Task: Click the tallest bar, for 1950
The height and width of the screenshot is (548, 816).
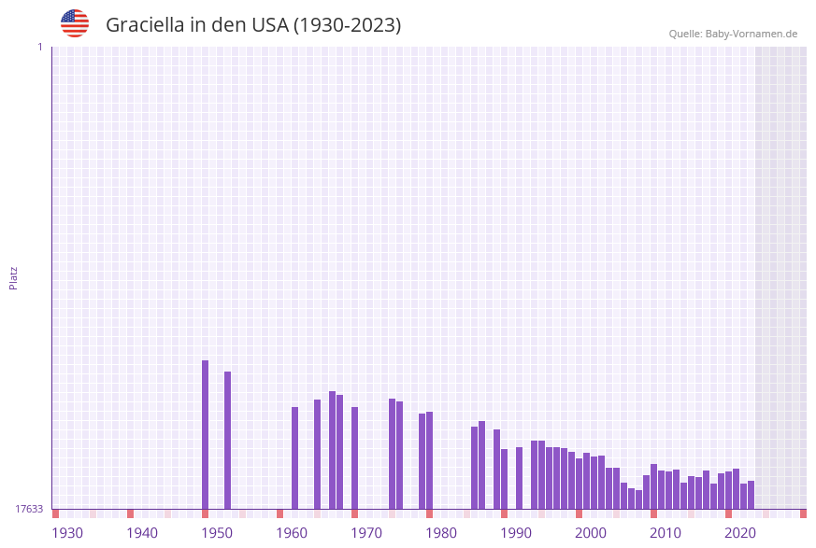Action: coord(205,434)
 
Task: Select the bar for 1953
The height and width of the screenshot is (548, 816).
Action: coord(227,440)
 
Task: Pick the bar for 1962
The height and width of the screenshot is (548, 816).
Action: coord(294,457)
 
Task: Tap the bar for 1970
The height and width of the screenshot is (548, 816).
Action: coord(354,457)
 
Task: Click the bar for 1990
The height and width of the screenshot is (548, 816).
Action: coord(504,479)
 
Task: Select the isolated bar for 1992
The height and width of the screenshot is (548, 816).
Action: coord(519,478)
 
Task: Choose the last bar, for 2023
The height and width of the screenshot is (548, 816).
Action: coord(751,495)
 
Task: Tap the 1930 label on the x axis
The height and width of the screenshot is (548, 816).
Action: coord(67,533)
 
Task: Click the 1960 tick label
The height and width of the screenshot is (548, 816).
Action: coord(292,533)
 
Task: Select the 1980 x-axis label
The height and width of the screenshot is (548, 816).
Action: coord(441,533)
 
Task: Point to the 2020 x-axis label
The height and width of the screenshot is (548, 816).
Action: coord(740,533)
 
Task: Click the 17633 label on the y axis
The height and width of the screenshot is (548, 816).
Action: coord(29,509)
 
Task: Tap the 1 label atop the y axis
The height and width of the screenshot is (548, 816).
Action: coord(39,47)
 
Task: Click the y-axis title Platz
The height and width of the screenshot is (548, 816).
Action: coord(14,277)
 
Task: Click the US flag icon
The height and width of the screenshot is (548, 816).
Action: coord(75,23)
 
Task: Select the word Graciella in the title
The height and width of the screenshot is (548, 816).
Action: coord(145,25)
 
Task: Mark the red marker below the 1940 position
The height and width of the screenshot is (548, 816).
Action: coord(130,513)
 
